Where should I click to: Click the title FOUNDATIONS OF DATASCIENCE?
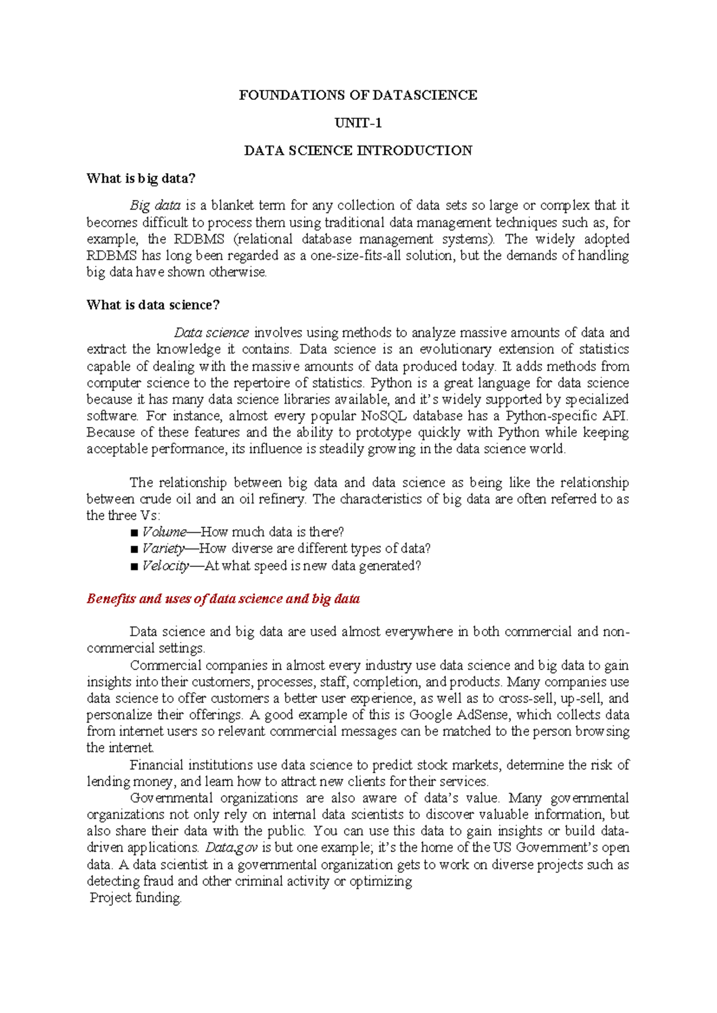358,95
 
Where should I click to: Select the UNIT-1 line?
358,123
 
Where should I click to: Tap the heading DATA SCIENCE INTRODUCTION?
358,151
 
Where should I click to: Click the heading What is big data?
141,179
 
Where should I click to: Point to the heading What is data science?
153,305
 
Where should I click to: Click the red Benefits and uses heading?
223,599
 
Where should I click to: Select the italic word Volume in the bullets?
164,532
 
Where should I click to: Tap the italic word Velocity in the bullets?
166,566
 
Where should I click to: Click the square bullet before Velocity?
134,566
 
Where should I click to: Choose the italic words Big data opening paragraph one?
155,205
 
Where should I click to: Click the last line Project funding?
136,898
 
